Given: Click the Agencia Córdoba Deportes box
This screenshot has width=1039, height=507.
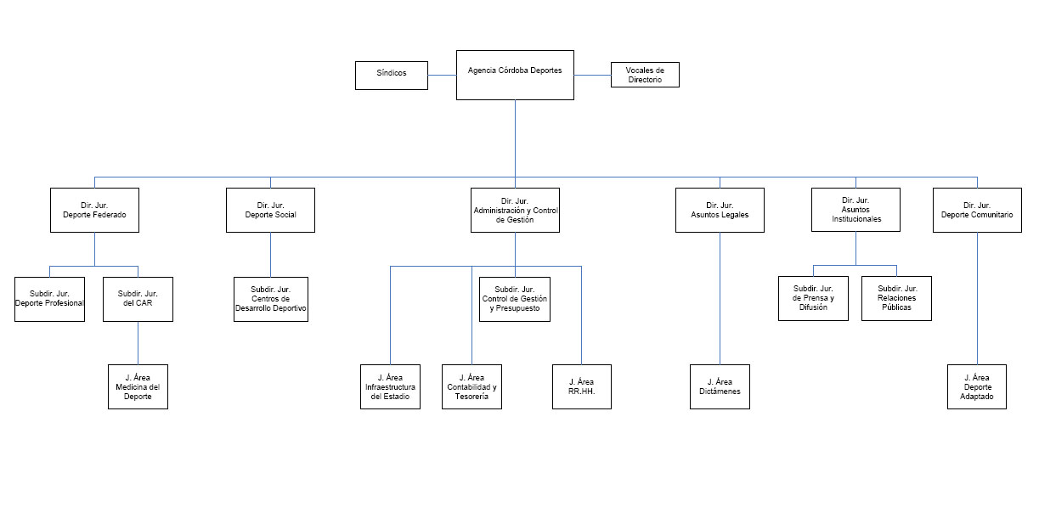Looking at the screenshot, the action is [x=515, y=75].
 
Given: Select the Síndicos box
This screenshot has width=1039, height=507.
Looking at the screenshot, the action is [x=392, y=76].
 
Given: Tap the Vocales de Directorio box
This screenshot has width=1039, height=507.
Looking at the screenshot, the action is [x=645, y=75].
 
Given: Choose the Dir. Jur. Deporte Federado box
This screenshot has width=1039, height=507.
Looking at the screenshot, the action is [x=94, y=210].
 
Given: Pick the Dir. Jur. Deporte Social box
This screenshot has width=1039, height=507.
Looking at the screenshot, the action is [x=270, y=210].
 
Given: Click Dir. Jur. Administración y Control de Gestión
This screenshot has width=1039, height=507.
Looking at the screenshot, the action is [x=515, y=210].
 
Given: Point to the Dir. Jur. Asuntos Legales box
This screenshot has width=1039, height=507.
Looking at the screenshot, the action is [x=720, y=210].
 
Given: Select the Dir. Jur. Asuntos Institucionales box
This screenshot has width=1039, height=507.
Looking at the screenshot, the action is [x=855, y=210].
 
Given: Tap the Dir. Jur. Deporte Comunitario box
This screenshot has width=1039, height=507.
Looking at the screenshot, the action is [x=977, y=210].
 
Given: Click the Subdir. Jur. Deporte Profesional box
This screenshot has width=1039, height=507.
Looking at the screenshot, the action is [x=49, y=299].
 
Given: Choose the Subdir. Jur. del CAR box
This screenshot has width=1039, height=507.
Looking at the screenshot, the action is [x=138, y=299].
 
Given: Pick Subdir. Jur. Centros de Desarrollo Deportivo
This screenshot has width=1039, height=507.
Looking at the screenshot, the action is [x=271, y=299].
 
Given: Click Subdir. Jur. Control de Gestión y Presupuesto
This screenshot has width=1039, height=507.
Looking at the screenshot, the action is [x=515, y=299].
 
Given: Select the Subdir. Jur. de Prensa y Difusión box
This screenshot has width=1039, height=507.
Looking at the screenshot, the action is [x=813, y=298].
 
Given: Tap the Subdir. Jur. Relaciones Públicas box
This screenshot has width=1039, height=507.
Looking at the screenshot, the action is [x=896, y=298].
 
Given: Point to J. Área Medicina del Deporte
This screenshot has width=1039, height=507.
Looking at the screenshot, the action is [x=138, y=387].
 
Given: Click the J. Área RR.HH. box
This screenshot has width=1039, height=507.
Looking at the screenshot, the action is [x=582, y=387].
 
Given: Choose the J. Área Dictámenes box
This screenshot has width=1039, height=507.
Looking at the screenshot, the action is [x=720, y=387].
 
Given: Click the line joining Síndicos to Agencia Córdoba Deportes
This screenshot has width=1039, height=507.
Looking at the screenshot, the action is [x=442, y=75].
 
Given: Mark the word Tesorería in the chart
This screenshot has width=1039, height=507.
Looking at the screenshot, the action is [x=472, y=397].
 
